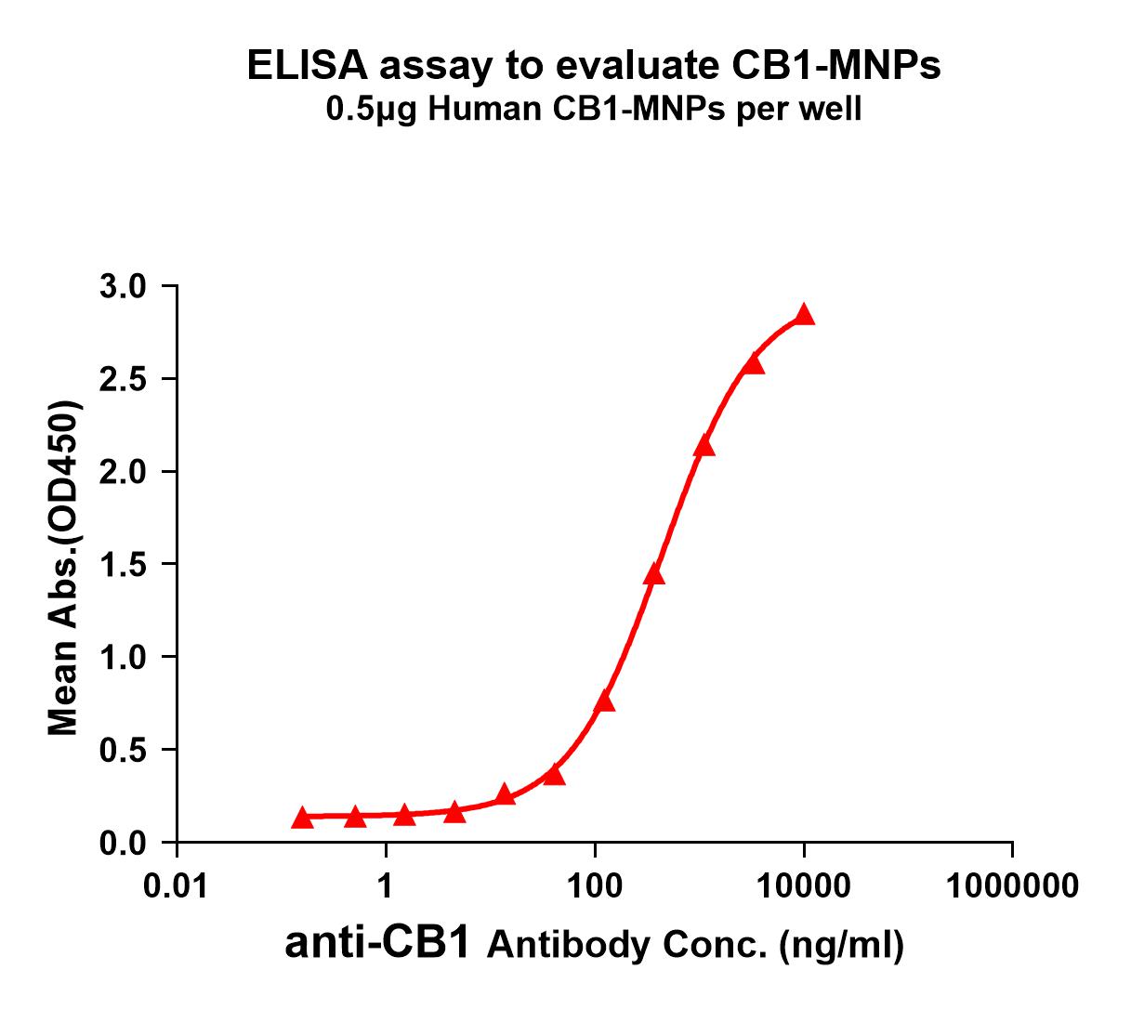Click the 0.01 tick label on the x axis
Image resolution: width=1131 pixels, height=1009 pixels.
[x=177, y=885]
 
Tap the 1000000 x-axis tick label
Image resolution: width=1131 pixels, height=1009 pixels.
[x=1013, y=885]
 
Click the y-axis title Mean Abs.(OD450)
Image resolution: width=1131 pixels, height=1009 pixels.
[x=63, y=569]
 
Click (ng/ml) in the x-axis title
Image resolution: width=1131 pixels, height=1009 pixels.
[x=842, y=945]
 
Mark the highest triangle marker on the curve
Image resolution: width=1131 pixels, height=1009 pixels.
[x=805, y=315]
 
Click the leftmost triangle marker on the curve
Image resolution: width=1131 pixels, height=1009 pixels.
[x=302, y=818]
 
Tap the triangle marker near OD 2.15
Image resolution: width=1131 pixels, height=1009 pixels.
[x=704, y=446]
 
